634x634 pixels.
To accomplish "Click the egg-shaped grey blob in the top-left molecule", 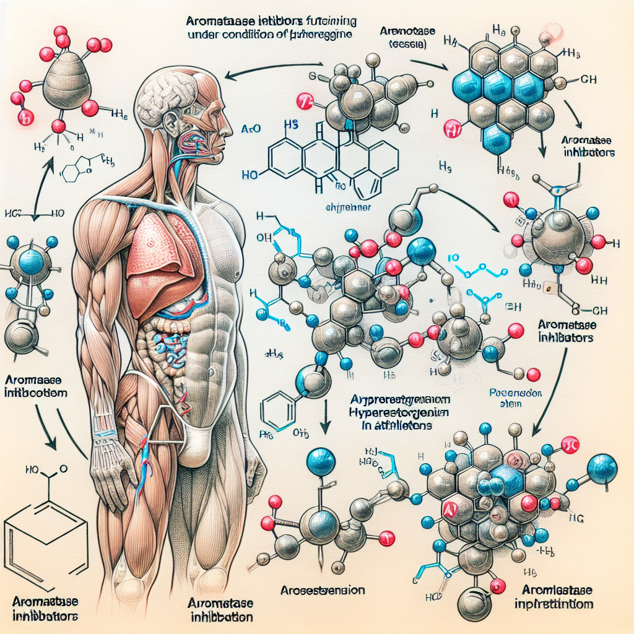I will tap(67, 77).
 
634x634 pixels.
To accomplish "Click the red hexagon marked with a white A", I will tap(451, 509).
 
